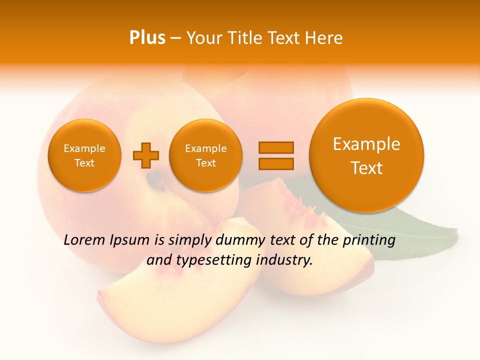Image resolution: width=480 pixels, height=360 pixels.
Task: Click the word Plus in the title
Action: click(x=147, y=38)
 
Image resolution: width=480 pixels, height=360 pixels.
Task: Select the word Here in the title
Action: click(x=324, y=38)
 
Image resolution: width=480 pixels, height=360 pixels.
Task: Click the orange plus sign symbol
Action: click(x=146, y=155)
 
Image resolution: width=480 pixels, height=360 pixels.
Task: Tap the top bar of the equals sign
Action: click(x=276, y=147)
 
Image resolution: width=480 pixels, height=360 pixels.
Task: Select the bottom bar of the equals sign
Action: click(x=276, y=163)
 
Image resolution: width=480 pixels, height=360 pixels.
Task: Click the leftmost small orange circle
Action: click(x=84, y=155)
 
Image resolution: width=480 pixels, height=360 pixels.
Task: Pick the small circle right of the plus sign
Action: click(x=205, y=155)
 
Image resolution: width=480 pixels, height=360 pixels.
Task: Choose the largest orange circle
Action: click(x=366, y=155)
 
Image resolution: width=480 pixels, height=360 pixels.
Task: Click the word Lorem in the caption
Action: click(x=85, y=240)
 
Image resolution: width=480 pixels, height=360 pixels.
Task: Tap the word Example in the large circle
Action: click(x=366, y=144)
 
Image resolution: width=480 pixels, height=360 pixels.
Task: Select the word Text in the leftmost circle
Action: click(x=84, y=163)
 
